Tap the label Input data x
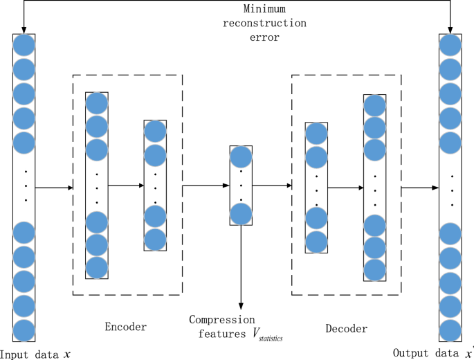pyautogui.click(x=36, y=353)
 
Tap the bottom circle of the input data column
pyautogui.click(x=24, y=330)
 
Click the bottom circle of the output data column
pyautogui.click(x=450, y=330)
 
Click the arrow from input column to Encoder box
pyautogui.click(x=54, y=187)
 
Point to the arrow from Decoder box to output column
pyautogui.click(x=419, y=188)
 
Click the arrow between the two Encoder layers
pyautogui.click(x=125, y=186)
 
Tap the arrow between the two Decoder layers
pyautogui.click(x=345, y=187)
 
